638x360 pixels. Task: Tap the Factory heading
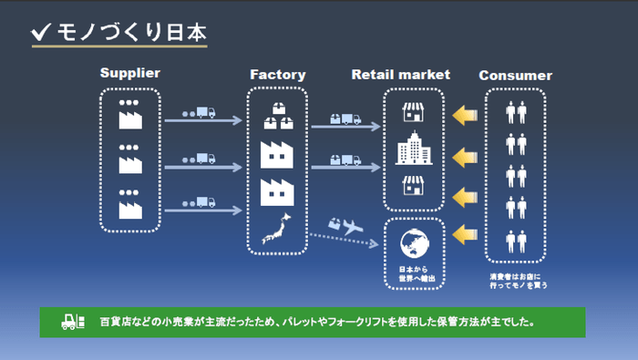pos(277,74)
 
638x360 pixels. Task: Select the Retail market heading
pos(401,74)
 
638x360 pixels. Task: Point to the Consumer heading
pos(516,76)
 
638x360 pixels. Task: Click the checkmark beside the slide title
pos(40,33)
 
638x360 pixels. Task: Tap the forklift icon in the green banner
pos(71,322)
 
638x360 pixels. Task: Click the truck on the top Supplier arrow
pos(205,113)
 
